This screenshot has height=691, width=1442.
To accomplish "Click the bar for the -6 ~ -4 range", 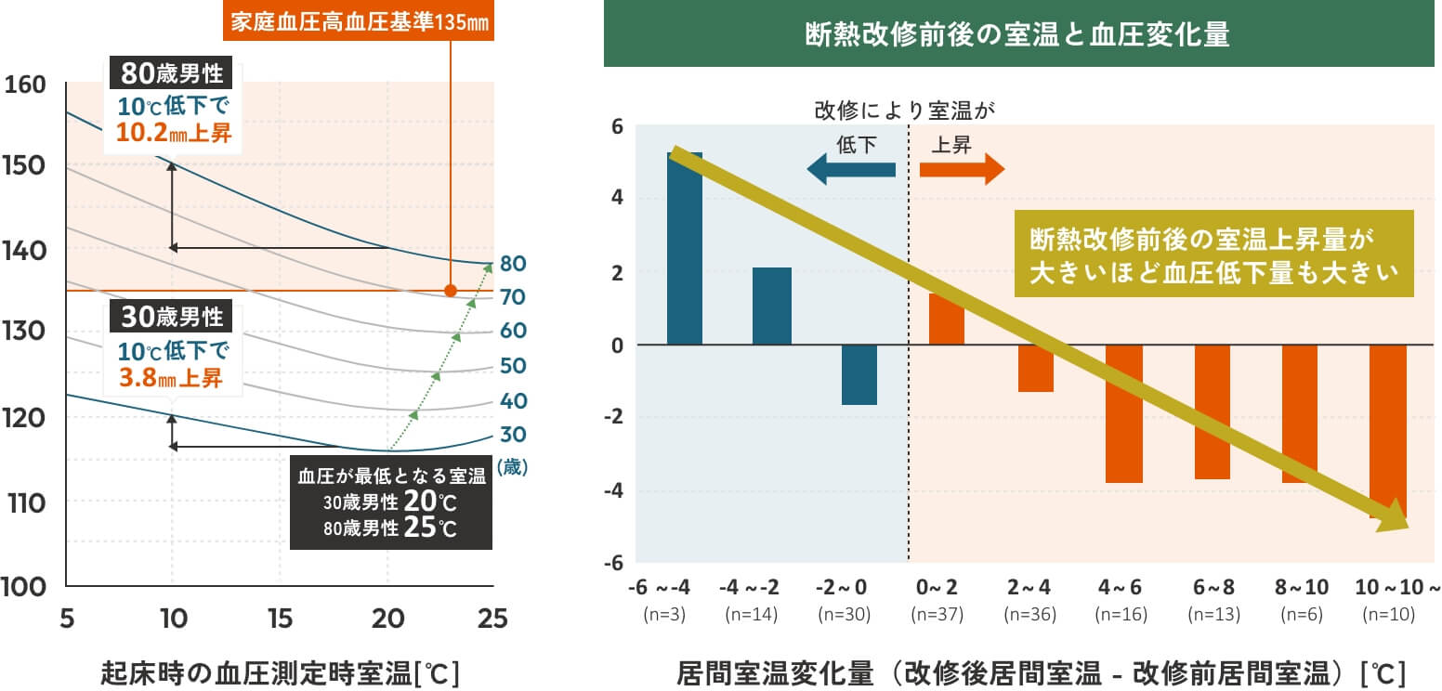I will tap(685, 249).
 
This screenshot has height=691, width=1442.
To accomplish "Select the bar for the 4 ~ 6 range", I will tap(1123, 413).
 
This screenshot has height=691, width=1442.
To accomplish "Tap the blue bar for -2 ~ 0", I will tap(859, 374).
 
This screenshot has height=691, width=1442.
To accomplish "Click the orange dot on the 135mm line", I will tap(451, 291).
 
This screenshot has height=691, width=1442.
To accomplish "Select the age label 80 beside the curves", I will tap(513, 264).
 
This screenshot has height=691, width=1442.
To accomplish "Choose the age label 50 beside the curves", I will tap(513, 366).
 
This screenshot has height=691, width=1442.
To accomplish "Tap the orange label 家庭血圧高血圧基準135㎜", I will tap(358, 21).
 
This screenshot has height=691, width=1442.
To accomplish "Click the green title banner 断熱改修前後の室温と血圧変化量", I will tap(1017, 35).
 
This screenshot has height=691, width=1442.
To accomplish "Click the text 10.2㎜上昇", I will tap(174, 134).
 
